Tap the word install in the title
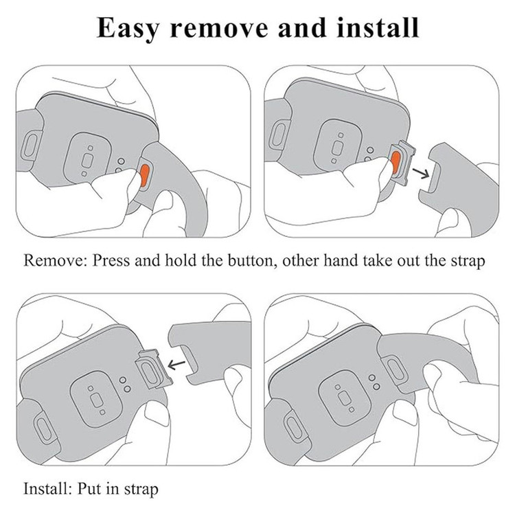coord(378,28)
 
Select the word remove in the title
coord(220,30)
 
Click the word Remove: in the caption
coord(54,260)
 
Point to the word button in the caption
coord(251,260)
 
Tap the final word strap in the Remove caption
coord(467,262)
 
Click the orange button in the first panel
coord(144,175)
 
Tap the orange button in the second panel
coord(396,163)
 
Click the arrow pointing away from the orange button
coord(421,173)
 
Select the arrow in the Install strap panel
coord(176,364)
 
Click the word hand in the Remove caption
coord(341,260)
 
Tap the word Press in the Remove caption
coord(111,260)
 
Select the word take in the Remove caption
coord(378,260)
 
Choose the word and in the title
coord(303,28)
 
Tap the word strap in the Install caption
coord(141,490)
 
